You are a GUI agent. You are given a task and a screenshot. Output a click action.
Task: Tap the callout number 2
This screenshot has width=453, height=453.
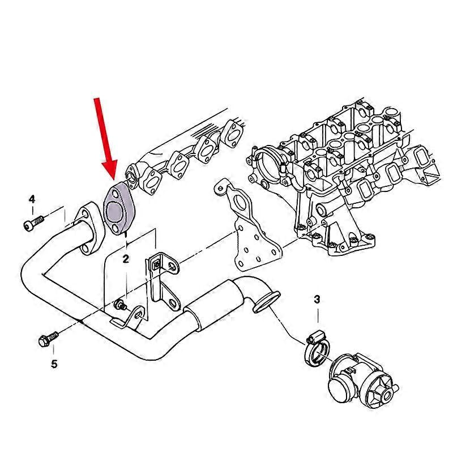pos(126,259)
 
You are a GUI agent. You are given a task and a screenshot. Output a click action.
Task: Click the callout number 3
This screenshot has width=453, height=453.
pos(317,298)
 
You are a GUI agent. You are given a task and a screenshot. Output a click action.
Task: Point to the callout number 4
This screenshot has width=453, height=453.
pos(32,199)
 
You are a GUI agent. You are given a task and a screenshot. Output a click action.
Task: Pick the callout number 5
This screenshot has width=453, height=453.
pos(54,364)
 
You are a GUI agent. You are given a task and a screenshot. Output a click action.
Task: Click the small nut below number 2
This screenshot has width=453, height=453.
pos(120,305)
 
